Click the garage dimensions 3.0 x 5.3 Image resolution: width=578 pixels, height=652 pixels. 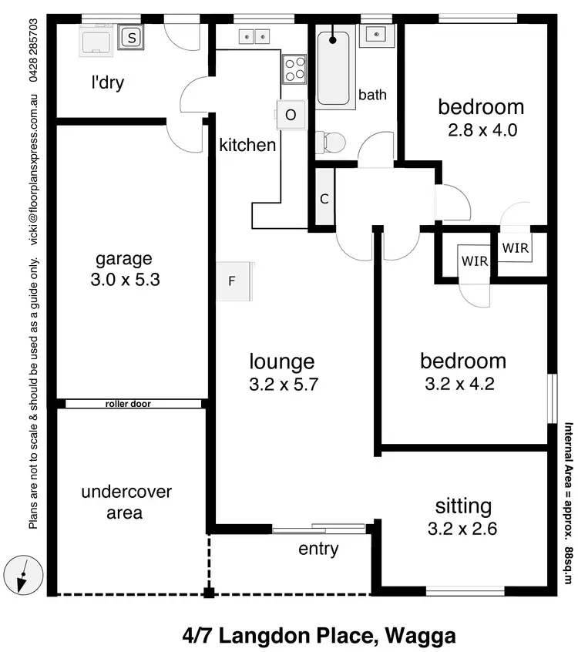click(x=125, y=280)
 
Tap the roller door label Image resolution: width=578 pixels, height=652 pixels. click(x=127, y=403)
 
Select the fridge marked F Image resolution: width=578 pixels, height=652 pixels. click(x=232, y=281)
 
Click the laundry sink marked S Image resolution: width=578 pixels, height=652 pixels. click(x=132, y=36)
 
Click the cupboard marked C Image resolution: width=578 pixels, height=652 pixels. click(x=324, y=198)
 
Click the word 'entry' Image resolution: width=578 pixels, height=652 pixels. click(x=318, y=549)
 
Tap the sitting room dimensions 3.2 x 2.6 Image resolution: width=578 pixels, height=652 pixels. click(x=463, y=529)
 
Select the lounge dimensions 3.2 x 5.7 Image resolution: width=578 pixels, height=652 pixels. click(x=282, y=383)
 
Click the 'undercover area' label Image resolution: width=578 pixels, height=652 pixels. click(x=126, y=502)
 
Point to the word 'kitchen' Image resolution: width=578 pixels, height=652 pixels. click(x=247, y=145)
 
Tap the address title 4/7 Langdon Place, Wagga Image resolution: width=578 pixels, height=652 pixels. click(x=319, y=636)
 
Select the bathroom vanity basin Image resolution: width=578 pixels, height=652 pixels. click(x=377, y=34)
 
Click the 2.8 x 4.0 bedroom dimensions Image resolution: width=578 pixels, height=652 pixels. click(x=482, y=129)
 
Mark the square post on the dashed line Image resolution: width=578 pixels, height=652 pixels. click(x=208, y=593)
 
